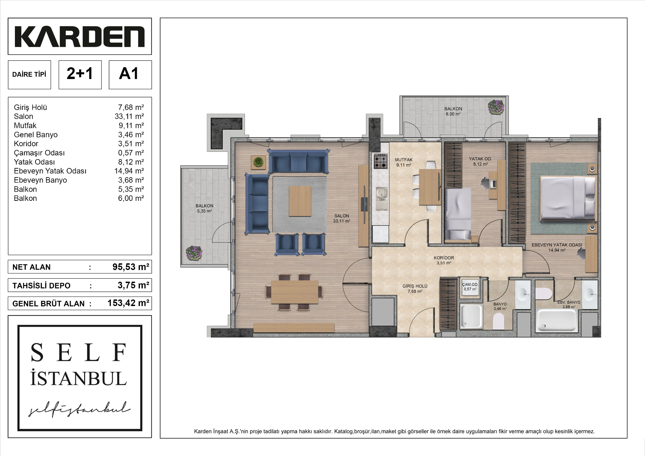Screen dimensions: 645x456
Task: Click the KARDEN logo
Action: click(80, 36)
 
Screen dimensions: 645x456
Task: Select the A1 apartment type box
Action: click(130, 75)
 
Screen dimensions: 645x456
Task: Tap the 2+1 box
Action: click(80, 75)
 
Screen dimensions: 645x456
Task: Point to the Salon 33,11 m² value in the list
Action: click(129, 116)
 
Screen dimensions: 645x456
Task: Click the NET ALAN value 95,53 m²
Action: click(131, 267)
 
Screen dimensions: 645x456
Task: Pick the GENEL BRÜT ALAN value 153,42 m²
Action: click(128, 303)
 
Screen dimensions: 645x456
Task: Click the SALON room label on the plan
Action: click(342, 216)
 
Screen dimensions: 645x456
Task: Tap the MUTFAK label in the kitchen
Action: click(404, 159)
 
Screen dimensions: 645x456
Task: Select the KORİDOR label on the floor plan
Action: click(444, 258)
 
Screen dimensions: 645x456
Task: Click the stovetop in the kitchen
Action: click(381, 161)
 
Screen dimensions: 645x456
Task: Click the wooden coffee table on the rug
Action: click(300, 201)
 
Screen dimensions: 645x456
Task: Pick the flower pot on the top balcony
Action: click(496, 107)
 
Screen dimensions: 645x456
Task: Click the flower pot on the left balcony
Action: click(194, 253)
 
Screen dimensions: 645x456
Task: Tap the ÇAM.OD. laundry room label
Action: click(470, 285)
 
